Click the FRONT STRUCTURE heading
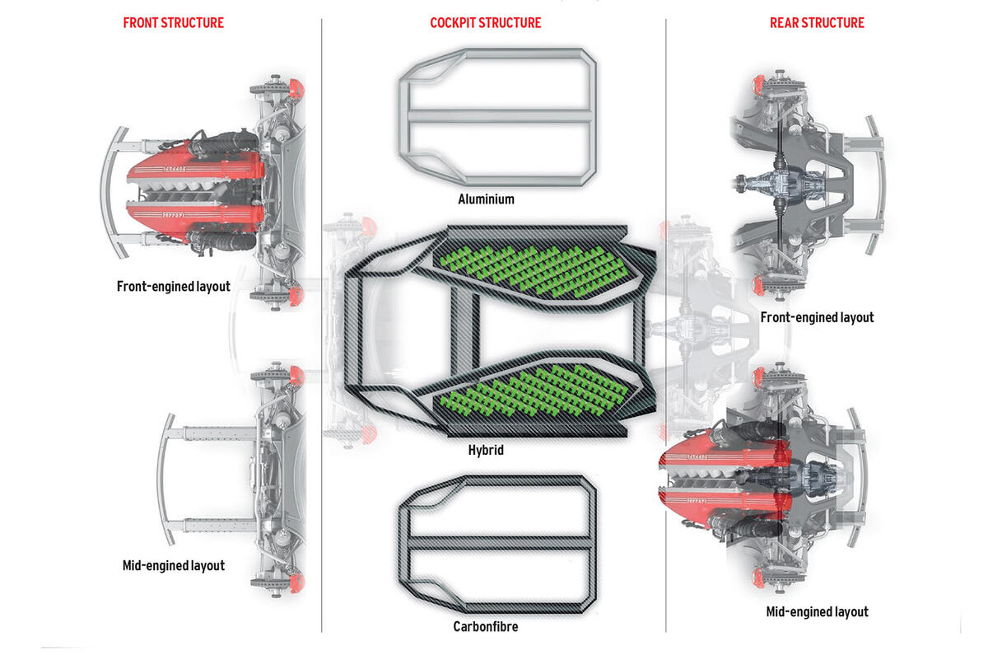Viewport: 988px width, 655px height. [x=173, y=22]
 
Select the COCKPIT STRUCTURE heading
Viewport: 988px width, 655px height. [x=486, y=22]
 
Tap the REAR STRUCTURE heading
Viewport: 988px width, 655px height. [x=817, y=22]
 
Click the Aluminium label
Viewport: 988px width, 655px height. [x=487, y=199]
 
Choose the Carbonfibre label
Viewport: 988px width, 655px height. [x=486, y=626]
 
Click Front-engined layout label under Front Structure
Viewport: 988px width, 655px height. [x=173, y=288]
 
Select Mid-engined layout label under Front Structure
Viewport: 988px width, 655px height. [x=173, y=566]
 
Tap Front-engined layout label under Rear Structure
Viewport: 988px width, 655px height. [x=817, y=317]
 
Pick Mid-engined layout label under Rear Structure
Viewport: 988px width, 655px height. [x=817, y=611]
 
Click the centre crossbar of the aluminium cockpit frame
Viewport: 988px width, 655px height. [x=499, y=115]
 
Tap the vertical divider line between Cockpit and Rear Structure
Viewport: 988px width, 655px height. [x=666, y=330]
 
